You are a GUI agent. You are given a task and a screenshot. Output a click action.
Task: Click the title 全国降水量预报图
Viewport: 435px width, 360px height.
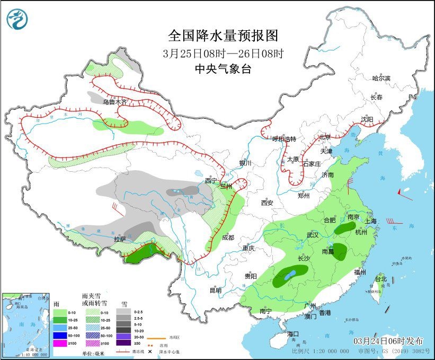coord(223,36)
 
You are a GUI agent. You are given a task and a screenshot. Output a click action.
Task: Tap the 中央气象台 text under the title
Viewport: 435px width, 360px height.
coord(223,68)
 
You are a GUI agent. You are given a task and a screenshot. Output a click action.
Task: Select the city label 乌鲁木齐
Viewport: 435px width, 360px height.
coord(115,102)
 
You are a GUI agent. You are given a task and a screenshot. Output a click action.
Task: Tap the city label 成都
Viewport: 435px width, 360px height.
coord(228,238)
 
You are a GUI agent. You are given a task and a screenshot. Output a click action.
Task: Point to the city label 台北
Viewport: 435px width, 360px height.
coord(381,279)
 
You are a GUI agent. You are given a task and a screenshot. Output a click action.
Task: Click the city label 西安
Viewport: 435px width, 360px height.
coord(267,203)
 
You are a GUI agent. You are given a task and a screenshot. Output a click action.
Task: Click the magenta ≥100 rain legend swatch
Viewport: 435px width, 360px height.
coord(60,344)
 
